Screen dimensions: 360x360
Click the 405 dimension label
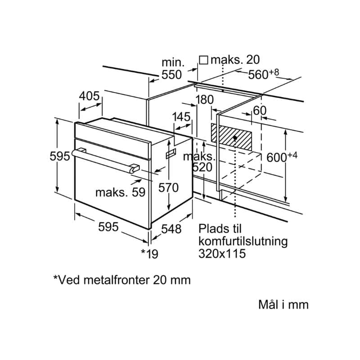pyautogui.click(x=89, y=96)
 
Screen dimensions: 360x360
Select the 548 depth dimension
pyautogui.click(x=171, y=229)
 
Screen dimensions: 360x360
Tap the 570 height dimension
pyautogui.click(x=168, y=188)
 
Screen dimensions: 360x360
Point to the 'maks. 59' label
pyautogui.click(x=120, y=193)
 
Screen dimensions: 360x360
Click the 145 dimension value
pyautogui.click(x=181, y=117)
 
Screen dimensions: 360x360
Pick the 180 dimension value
pyautogui.click(x=204, y=99)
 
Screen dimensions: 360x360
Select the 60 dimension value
pyautogui.click(x=260, y=110)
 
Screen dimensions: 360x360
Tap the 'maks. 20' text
pyautogui.click(x=235, y=60)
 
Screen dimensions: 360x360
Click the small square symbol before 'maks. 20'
pyautogui.click(x=203, y=60)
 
